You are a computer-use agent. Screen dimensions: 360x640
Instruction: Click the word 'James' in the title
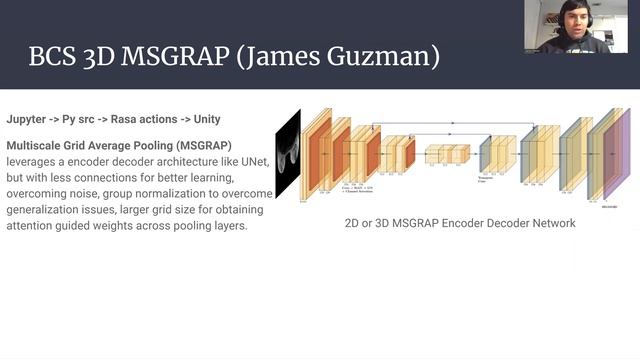tap(299, 54)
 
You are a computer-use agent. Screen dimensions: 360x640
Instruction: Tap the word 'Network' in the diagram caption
tap(548, 223)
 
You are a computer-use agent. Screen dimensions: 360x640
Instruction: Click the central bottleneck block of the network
tap(447, 154)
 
